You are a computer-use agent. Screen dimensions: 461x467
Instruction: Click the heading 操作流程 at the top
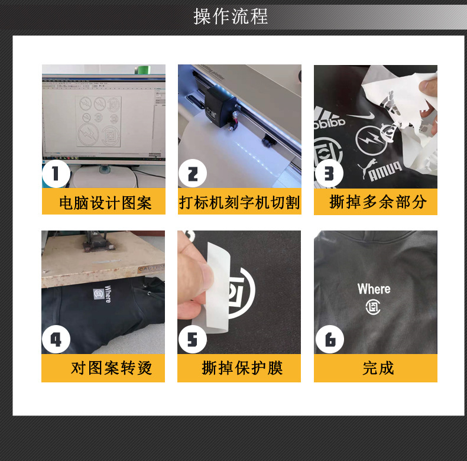[x=231, y=16]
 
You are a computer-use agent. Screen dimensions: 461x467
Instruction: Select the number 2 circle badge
[x=192, y=174]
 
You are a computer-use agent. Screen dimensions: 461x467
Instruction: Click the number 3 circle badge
[x=329, y=174]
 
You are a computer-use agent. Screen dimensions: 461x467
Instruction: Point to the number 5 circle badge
[x=192, y=340]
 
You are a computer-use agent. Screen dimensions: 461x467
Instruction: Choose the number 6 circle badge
[x=329, y=340]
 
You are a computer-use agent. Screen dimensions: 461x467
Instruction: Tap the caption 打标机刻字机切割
[x=239, y=203]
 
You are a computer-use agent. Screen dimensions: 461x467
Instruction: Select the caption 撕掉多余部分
[x=377, y=202]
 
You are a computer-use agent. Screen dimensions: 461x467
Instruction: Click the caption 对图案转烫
[x=111, y=368]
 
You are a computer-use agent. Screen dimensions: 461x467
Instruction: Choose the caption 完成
[x=377, y=368]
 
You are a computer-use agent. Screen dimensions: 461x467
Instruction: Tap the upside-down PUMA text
[x=384, y=173]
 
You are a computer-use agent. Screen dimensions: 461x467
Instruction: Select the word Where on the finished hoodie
[x=374, y=289]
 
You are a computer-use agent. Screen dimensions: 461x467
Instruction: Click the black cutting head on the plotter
[x=226, y=112]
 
